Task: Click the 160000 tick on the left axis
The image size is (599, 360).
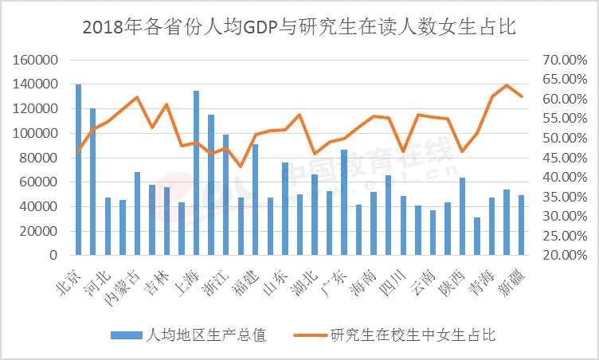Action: [x=35, y=60]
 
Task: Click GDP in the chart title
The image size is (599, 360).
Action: [x=254, y=28]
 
